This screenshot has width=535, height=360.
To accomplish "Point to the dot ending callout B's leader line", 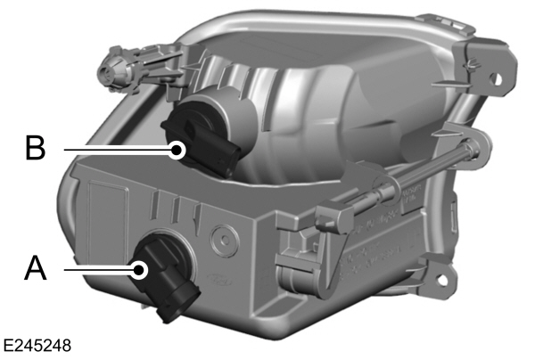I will tap(178, 149).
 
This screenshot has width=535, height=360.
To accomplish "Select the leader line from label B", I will tap(116, 148).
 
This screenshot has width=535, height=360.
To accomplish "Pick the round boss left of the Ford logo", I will tap(220, 239).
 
